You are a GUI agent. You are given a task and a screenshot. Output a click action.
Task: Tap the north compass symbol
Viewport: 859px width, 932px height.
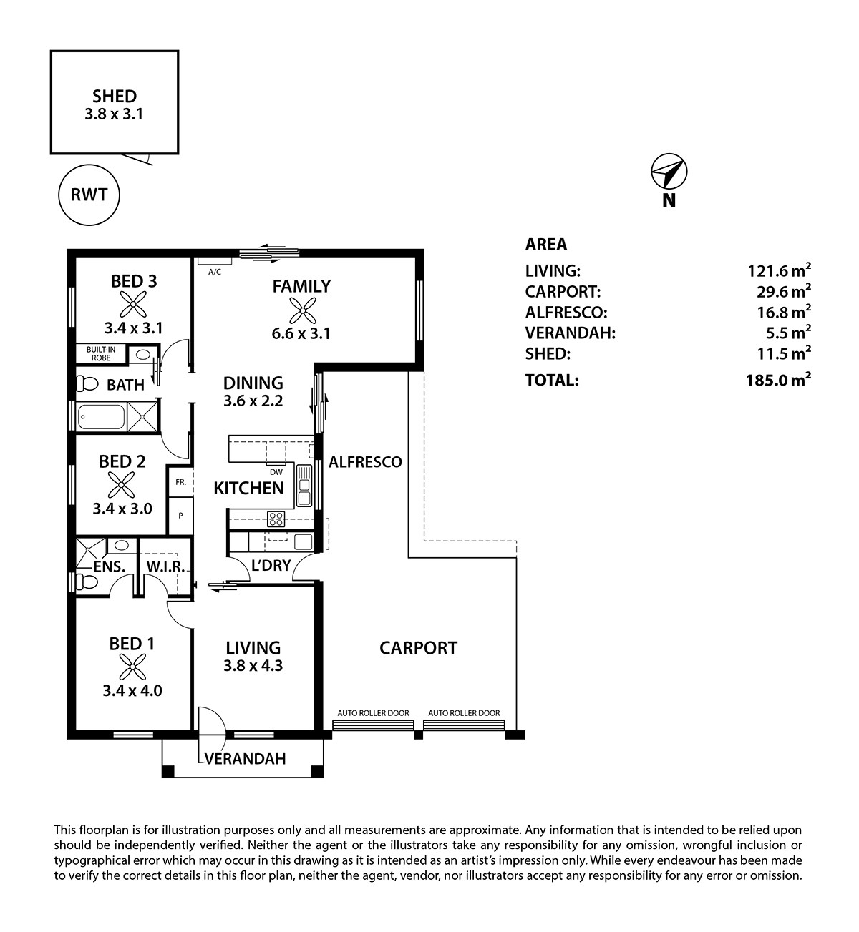pyautogui.click(x=669, y=172)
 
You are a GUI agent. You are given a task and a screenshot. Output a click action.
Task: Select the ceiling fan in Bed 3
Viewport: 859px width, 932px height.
pyautogui.click(x=133, y=304)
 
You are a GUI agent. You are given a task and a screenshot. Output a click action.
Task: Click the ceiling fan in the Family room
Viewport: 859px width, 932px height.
pyautogui.click(x=302, y=310)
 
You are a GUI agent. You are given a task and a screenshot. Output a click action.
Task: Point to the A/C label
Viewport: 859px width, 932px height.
pyautogui.click(x=215, y=272)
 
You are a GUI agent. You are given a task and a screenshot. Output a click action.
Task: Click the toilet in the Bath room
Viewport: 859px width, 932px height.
pyautogui.click(x=87, y=384)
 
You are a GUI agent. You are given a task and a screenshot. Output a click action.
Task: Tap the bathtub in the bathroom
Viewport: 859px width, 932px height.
pyautogui.click(x=102, y=417)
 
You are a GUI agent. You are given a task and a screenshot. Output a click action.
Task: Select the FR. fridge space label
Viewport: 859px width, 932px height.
pyautogui.click(x=181, y=482)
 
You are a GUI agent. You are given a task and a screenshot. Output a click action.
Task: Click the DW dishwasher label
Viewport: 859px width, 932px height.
pyautogui.click(x=276, y=472)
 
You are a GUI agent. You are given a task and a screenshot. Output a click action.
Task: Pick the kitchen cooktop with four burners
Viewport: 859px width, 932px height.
pyautogui.click(x=276, y=519)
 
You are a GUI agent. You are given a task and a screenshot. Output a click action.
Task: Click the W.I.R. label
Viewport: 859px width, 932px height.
pyautogui.click(x=165, y=566)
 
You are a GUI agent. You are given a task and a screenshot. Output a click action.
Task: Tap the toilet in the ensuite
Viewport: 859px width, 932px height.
pyautogui.click(x=87, y=582)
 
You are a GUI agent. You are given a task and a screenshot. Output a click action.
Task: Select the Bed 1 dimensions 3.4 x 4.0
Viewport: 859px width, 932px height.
pyautogui.click(x=132, y=690)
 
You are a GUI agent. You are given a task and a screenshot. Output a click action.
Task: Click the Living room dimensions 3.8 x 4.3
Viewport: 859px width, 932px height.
pyautogui.click(x=253, y=665)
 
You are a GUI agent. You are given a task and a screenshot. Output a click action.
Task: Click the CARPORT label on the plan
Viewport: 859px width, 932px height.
pyautogui.click(x=418, y=647)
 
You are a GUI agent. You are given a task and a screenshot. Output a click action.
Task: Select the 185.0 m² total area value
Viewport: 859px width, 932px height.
pyautogui.click(x=779, y=379)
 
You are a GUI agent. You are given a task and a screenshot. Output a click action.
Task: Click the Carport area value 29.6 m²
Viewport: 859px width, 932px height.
pyautogui.click(x=784, y=291)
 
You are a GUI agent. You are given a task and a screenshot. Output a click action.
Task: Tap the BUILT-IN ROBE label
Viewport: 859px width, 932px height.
pyautogui.click(x=101, y=353)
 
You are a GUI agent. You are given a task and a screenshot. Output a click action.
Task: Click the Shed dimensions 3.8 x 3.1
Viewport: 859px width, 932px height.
pyautogui.click(x=114, y=114)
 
